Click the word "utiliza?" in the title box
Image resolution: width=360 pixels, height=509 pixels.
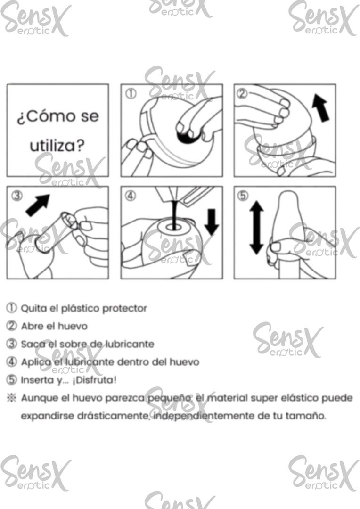pos(57,146)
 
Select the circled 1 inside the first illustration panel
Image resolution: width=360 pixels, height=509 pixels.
pos(132,93)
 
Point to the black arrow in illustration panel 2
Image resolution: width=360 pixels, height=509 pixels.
pos(322,107)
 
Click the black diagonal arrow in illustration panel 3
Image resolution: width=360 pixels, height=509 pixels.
pos(38,205)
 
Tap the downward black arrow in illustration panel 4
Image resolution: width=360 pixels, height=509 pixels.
pos(212,222)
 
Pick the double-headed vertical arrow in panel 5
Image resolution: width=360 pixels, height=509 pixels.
pos(256,228)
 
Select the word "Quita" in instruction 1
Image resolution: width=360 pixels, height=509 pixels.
pos(32,308)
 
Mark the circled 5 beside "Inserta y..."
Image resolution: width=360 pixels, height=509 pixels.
pos(11,380)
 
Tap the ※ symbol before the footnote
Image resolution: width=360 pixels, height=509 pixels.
pos(11,398)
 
